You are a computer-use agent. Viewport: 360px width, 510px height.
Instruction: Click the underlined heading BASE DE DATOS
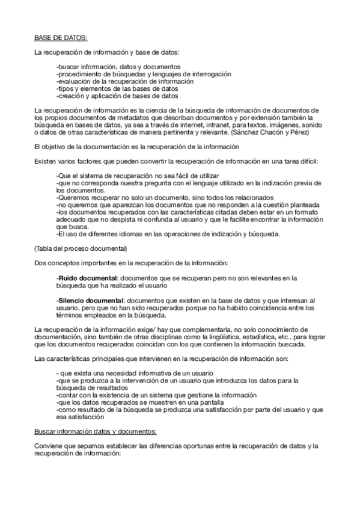[x=61, y=37]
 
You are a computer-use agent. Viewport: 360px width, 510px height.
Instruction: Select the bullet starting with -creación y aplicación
[x=117, y=95]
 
